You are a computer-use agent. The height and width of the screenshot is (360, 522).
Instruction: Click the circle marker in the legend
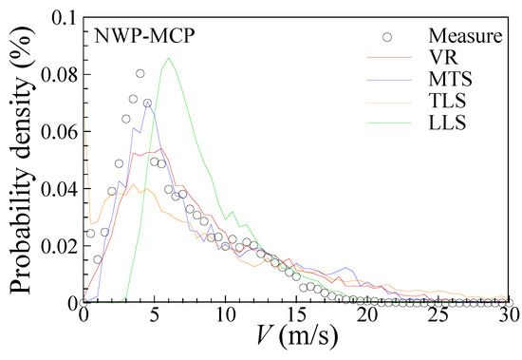383,38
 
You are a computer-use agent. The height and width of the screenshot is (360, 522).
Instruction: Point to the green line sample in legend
383,123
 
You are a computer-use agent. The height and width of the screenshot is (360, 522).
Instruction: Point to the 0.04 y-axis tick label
57,189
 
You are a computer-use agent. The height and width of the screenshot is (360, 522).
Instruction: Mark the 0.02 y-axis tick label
57,246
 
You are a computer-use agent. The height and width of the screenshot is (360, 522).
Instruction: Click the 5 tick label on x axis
154,316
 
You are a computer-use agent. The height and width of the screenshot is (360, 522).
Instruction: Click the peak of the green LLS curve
168,59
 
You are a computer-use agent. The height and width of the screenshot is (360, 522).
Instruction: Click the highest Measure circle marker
140,73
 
